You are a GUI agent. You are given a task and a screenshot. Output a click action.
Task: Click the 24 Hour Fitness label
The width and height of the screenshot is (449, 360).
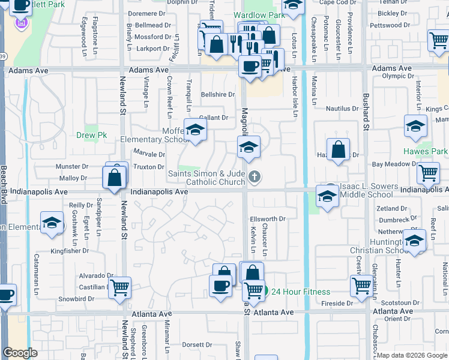[x=300, y=292]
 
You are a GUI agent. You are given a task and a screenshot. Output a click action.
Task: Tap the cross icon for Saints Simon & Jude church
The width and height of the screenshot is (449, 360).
[x=255, y=176]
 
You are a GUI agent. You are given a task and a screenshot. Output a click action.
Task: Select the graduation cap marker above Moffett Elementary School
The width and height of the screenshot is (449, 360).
[x=194, y=130]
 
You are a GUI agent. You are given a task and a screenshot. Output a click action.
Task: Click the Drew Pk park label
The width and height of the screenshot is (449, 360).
[x=91, y=136]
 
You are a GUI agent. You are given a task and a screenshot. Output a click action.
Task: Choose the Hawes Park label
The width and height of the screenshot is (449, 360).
[x=425, y=152]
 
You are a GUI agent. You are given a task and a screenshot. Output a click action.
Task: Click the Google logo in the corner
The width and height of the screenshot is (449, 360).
[x=20, y=353]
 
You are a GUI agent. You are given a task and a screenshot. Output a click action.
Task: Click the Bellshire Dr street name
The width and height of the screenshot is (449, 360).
[x=217, y=95]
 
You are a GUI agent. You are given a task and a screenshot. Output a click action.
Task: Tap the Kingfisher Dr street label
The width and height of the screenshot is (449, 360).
[x=69, y=251]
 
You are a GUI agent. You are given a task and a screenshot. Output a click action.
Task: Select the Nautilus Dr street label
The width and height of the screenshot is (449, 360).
[x=342, y=109]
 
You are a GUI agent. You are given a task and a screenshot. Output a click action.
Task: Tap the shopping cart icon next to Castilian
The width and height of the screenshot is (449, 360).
[x=119, y=287]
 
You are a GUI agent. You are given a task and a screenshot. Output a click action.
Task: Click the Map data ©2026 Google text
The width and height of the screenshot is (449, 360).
[x=411, y=355]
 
